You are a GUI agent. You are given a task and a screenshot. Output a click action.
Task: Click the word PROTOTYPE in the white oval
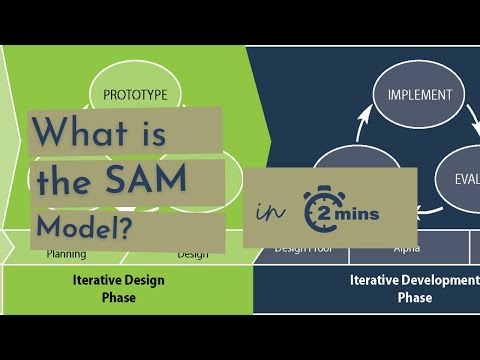coord(142,96)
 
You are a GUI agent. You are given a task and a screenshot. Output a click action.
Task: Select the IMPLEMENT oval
coord(419,96)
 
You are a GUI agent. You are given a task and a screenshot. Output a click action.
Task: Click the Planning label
coord(66,254)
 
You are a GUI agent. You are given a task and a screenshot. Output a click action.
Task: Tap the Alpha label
coord(406,247)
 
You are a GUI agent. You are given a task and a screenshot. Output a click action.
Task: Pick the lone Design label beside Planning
coord(193,254)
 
